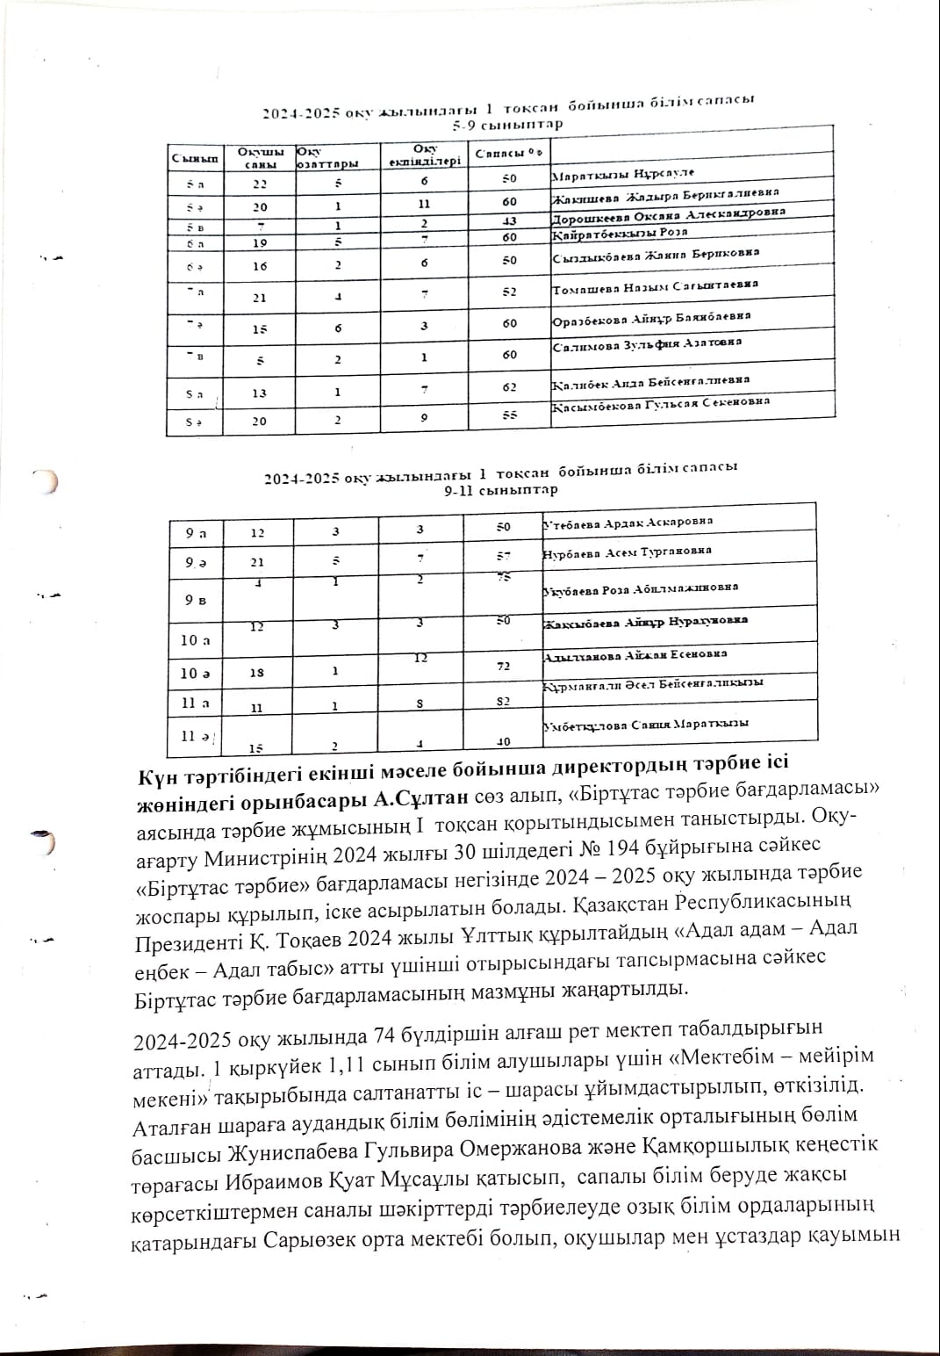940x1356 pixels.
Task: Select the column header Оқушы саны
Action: coord(255,158)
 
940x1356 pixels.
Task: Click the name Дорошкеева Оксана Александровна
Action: coord(669,216)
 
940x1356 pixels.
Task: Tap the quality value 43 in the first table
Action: coord(510,220)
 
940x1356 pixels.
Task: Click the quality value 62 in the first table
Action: coord(510,386)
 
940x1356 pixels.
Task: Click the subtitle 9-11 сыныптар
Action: coord(500,490)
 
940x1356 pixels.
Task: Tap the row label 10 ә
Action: coord(195,673)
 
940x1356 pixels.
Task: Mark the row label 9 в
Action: coord(196,601)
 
